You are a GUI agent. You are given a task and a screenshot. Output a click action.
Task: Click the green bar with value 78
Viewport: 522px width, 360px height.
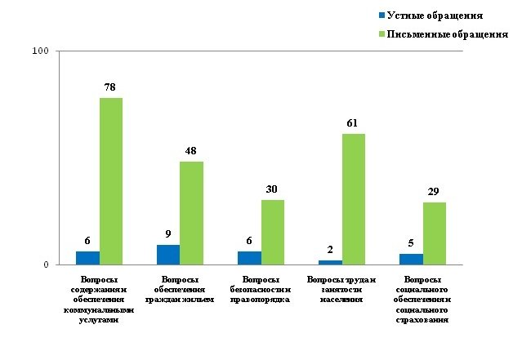coord(111,181)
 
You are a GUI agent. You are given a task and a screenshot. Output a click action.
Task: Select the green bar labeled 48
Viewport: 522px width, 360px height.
coord(191,213)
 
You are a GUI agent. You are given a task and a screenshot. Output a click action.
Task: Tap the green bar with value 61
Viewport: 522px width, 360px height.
coord(354,199)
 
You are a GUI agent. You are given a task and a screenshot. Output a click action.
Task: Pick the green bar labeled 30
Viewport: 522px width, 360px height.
coord(273,232)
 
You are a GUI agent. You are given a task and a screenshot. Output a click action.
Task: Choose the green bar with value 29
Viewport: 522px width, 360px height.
coord(435,233)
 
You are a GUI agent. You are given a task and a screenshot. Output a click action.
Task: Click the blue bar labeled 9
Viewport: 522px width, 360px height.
coord(168,255)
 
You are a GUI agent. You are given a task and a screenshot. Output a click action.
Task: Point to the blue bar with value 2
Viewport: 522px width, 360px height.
coord(330,262)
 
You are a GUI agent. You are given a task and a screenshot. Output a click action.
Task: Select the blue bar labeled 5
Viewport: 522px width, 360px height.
coord(411,259)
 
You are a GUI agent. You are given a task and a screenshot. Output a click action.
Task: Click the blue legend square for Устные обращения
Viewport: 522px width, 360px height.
coord(381,16)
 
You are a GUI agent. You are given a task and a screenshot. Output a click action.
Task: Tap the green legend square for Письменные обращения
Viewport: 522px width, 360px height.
coord(381,34)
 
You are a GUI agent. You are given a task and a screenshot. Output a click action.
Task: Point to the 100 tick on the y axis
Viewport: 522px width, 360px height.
coord(40,51)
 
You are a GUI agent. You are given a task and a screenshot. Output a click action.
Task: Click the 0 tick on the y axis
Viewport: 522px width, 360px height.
coord(46,264)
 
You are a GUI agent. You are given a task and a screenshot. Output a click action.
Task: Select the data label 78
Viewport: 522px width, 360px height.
coord(111,87)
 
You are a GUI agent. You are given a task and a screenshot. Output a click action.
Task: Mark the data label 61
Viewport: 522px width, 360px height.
coord(354,123)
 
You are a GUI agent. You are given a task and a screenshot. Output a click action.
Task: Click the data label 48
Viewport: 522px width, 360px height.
coord(191,150)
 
